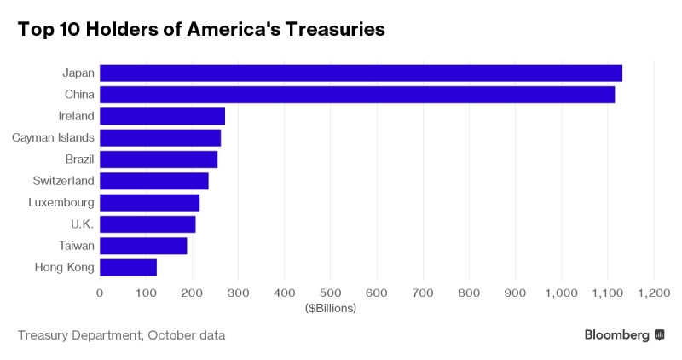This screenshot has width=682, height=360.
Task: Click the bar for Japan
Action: (361, 73)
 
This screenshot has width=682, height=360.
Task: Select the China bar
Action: (357, 95)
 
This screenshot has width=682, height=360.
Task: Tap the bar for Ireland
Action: (162, 116)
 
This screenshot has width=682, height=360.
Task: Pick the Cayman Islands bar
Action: (160, 137)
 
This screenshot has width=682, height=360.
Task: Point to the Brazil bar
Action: (159, 160)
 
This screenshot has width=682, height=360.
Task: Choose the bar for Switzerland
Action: (154, 181)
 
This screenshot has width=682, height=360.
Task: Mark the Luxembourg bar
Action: (149, 202)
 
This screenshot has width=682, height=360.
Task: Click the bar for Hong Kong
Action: (128, 267)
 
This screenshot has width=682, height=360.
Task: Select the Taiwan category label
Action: (76, 246)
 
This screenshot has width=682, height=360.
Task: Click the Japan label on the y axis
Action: (78, 73)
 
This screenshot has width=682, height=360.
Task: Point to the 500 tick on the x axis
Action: (331, 293)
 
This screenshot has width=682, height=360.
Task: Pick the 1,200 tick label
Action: (653, 293)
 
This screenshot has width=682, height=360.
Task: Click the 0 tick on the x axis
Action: (100, 293)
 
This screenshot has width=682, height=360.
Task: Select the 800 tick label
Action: (469, 293)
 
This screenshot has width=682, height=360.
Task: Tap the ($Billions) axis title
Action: (330, 308)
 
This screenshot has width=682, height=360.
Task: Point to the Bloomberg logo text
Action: (617, 335)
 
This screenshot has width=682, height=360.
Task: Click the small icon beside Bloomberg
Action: (659, 335)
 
